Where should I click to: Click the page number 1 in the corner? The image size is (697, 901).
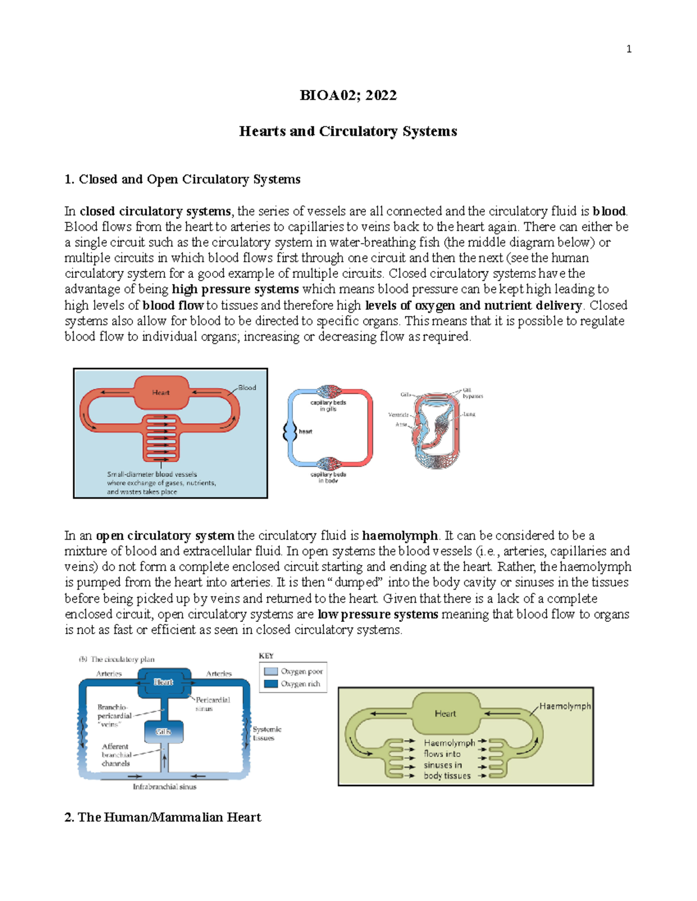628,49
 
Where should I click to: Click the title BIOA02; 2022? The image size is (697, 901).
348,96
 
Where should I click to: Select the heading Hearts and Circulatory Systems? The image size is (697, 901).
348,132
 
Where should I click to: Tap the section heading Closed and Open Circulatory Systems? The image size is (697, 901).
182,179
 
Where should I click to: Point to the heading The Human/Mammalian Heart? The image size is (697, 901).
163,817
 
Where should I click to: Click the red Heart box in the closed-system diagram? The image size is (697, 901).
161,393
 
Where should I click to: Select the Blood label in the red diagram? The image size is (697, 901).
247,388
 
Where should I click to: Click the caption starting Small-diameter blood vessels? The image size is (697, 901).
161,483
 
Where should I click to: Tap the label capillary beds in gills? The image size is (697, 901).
328,406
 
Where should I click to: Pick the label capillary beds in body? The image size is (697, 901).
328,477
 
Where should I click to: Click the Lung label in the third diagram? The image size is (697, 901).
469,414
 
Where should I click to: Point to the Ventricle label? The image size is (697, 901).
398,415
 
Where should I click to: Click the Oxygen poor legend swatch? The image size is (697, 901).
271,671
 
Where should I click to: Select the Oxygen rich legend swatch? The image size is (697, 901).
271,684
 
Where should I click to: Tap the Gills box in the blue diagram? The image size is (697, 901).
163,732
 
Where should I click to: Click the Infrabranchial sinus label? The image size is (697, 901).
164,787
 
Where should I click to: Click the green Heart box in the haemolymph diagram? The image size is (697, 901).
445,714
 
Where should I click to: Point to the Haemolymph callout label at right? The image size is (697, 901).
565,706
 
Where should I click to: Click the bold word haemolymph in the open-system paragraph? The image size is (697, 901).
400,535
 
